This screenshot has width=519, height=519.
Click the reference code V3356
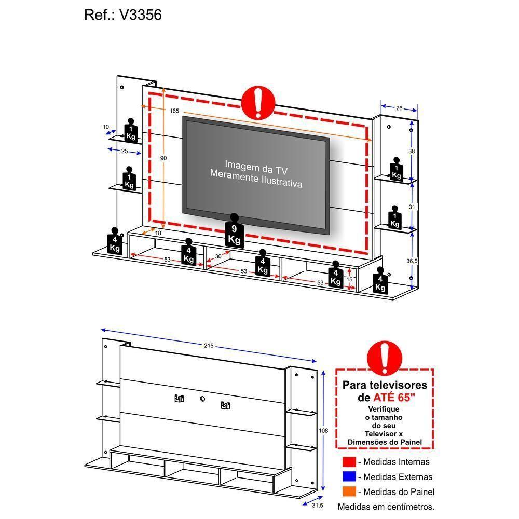pos(141,15)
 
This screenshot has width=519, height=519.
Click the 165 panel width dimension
pos(174,111)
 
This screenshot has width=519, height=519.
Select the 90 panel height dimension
pos(163,158)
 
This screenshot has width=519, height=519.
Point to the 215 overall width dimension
pos(209,346)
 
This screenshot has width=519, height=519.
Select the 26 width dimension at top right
pos(399,108)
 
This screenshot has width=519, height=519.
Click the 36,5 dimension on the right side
pos(412,261)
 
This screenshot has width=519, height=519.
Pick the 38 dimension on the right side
pos(412,151)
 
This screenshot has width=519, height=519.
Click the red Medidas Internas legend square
pos(349,462)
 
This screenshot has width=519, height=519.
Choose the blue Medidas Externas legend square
pos(349,477)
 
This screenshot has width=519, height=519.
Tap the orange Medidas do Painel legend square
pos(349,492)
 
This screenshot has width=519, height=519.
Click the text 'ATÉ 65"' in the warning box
pos(394,398)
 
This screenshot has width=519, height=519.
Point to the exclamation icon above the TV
pos(258,102)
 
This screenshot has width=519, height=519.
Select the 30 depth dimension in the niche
pos(218,256)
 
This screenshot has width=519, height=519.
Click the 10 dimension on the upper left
pos(106,127)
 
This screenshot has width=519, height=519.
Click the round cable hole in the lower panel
pos(202,399)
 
